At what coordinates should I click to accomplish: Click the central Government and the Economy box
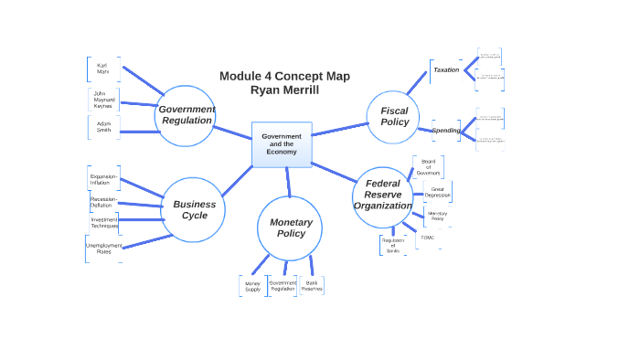tap(282, 144)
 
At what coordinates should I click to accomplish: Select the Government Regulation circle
tap(186, 115)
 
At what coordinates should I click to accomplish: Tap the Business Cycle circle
tap(194, 209)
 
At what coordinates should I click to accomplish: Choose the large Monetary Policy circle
tap(290, 228)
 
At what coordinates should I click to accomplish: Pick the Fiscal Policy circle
tap(394, 117)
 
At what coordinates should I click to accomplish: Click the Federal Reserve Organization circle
tap(382, 195)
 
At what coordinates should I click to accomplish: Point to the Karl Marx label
tap(102, 69)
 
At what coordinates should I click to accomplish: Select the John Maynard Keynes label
tap(102, 99)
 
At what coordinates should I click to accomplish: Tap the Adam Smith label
tap(103, 127)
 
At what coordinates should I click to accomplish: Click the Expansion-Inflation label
tap(102, 179)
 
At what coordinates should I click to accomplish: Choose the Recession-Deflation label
tap(102, 202)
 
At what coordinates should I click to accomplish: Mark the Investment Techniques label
tap(104, 222)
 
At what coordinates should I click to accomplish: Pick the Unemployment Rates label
tap(103, 249)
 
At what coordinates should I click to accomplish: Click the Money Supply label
tap(252, 286)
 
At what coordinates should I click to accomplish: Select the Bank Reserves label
tap(312, 285)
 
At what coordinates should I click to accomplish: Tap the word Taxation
tap(446, 69)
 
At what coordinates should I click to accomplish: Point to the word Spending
tap(446, 130)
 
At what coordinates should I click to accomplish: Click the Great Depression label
tap(437, 192)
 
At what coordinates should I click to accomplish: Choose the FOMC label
tap(428, 238)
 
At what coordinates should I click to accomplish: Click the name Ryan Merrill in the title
tap(284, 90)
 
